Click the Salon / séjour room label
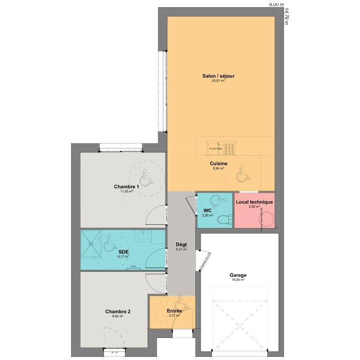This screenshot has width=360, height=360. tap(218, 76)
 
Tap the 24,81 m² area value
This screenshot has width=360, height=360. tap(218, 81)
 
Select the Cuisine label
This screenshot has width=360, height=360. tap(218, 164)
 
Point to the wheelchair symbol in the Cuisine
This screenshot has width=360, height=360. tap(243, 174)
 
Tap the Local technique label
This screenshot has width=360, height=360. tap(254, 202)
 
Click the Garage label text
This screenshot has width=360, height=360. tap(238, 275)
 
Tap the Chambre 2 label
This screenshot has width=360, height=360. tap(118, 311)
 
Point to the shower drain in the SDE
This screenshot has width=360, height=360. tap(92, 243)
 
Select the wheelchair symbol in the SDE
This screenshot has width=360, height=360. tap(108, 246)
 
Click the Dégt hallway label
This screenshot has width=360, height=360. tap(181, 245)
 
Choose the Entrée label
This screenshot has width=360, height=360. tap(174, 311)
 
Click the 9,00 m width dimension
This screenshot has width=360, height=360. tap(277, 4)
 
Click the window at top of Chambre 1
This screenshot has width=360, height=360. tap(121, 148)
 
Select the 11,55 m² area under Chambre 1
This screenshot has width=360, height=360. tap(126, 191)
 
